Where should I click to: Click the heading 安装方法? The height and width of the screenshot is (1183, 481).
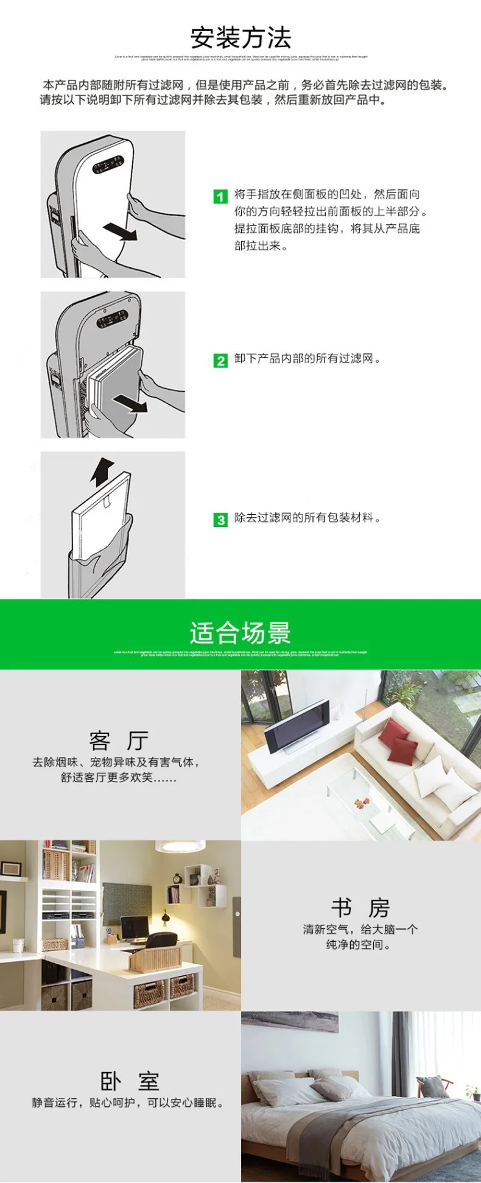240,38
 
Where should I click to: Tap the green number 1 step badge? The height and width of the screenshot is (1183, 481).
220,197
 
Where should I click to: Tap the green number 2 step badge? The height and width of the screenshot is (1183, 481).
220,361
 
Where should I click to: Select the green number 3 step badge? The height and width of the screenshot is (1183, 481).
220,520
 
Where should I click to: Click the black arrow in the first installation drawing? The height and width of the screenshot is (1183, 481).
119,231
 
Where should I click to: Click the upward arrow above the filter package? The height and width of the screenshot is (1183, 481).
102,471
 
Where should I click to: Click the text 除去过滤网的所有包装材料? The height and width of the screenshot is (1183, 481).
307,518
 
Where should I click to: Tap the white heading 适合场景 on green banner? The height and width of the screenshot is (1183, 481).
240,634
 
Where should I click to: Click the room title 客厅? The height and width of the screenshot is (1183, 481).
119,741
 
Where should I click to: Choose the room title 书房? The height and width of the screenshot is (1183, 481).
360,908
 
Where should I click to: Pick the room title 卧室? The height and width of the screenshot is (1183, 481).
129,1081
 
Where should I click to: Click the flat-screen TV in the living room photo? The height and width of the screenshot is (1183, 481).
297,726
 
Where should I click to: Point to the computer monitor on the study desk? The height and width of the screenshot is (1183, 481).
134,928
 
